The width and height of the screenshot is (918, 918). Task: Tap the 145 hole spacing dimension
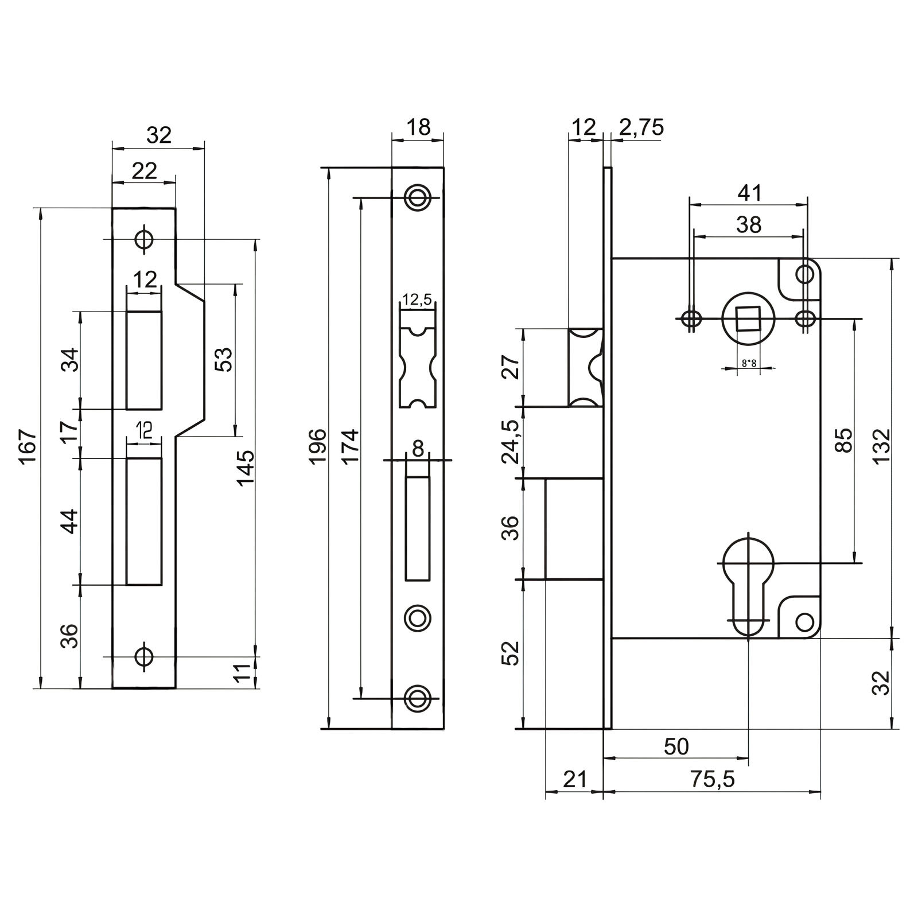point(246,467)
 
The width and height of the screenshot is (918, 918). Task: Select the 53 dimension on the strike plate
point(226,360)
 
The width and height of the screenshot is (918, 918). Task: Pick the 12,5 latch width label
point(417,299)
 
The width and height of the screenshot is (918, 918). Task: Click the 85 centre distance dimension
point(845,440)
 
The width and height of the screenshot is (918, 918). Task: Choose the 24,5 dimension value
point(511,442)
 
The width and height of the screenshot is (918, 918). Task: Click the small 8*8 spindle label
point(749,363)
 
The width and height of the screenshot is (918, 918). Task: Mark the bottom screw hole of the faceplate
point(417,698)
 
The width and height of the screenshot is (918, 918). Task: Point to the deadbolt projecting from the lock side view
point(574,528)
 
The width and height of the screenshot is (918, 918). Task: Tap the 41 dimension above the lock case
point(749,193)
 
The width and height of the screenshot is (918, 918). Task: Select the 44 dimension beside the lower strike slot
point(70,521)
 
